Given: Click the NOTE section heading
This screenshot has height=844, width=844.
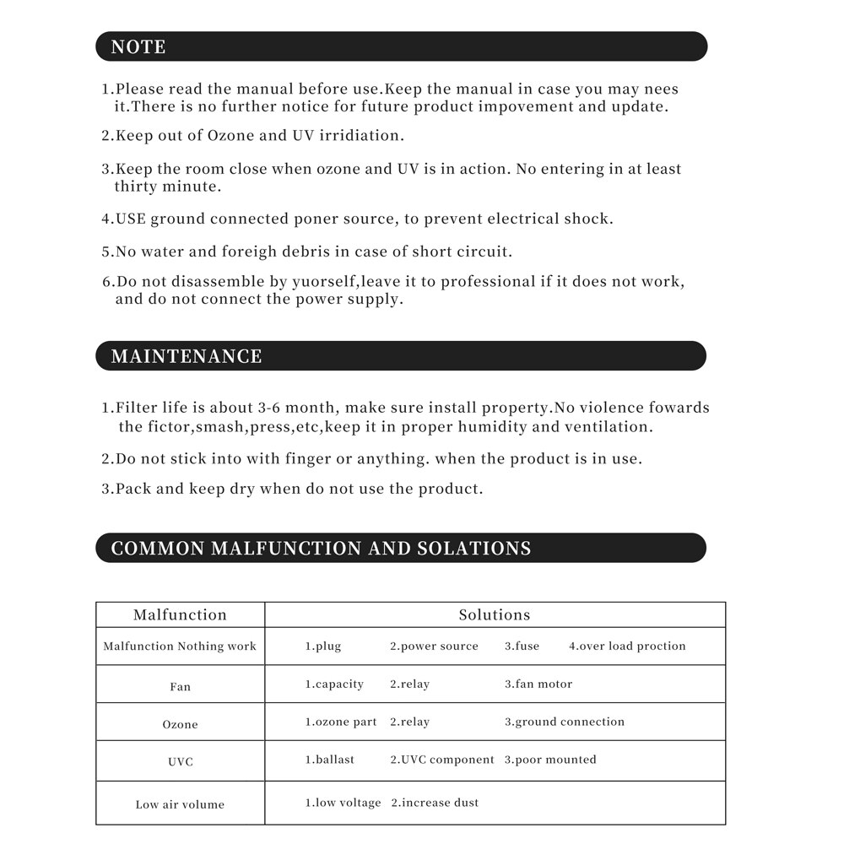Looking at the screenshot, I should [138, 47].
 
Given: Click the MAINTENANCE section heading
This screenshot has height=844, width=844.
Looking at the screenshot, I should [187, 356].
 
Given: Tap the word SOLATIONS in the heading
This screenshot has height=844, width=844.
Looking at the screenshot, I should [474, 549].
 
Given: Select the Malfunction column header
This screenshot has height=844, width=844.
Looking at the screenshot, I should [180, 615].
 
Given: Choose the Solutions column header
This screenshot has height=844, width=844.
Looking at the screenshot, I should [495, 615].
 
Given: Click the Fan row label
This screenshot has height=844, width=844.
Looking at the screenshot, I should [180, 687].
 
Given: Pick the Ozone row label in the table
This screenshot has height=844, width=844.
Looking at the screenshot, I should [180, 724].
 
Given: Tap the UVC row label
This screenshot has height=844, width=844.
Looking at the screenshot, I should [180, 762].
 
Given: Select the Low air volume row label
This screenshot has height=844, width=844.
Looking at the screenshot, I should [180, 804].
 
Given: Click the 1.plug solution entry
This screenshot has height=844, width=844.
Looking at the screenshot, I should [323, 647].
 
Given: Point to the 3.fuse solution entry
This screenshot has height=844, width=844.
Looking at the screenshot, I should [522, 647].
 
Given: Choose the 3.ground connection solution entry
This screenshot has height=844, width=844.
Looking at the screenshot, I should [565, 722].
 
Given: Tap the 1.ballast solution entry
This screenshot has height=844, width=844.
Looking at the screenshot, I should [330, 760].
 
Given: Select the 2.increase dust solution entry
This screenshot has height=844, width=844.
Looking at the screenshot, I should [435, 803].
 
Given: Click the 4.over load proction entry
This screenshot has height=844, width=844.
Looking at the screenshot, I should [627, 647].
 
